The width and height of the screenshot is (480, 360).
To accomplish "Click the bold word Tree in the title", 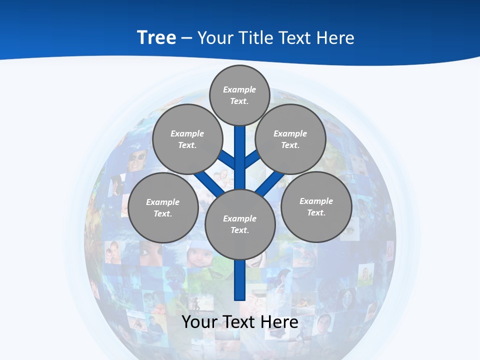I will [156, 37].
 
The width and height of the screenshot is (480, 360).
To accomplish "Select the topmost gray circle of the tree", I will [239, 95].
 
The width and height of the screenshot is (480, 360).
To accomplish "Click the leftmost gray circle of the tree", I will [163, 208].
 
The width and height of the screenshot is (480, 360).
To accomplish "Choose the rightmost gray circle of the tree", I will [316, 207].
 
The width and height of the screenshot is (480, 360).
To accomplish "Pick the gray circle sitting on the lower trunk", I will [240, 224].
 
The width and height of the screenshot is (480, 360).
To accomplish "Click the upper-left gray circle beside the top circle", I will [187, 139].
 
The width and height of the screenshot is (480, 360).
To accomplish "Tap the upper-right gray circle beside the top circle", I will [290, 139].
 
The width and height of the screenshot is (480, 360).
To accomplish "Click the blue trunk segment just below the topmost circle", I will [240, 145].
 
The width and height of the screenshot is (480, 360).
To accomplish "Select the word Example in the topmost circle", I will [239, 89].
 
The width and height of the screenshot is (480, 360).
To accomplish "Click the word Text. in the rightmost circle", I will [316, 213].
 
